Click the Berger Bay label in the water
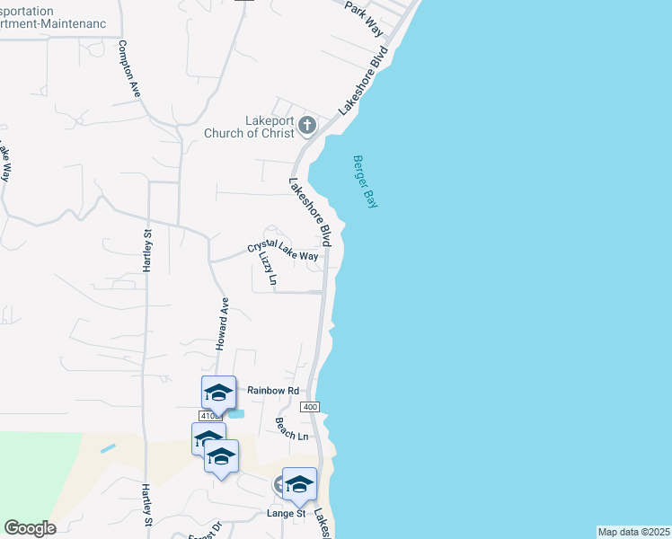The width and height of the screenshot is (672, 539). click(x=364, y=181)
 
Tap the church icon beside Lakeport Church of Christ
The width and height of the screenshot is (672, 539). click(x=307, y=126)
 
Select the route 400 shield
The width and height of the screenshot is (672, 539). click(x=311, y=408)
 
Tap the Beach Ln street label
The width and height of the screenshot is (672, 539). click(x=292, y=429)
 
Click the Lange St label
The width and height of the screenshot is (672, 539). click(x=287, y=513)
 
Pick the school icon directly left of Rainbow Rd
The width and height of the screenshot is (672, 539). click(x=218, y=393)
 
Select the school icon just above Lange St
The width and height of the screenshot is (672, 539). click(x=299, y=484)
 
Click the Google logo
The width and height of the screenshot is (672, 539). click(x=30, y=528)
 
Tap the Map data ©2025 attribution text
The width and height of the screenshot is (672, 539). click(x=633, y=532)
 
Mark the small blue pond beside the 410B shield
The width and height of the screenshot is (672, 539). click(x=235, y=413)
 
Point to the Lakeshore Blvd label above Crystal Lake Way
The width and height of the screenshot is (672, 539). click(x=311, y=211)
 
